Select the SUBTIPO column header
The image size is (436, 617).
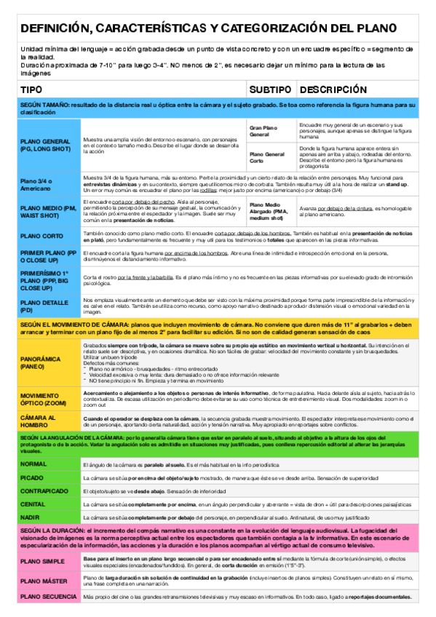(x=269, y=89)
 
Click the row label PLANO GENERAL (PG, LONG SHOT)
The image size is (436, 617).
(x=45, y=145)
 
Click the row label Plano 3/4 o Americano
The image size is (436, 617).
(x=36, y=184)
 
